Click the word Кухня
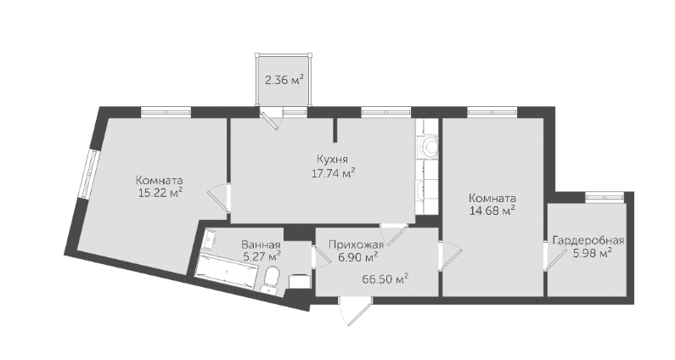[x=332, y=159]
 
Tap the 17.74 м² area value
[x=333, y=173]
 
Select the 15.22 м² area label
[x=160, y=194]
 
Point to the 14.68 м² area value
[x=492, y=211]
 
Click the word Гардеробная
[x=588, y=240]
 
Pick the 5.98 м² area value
[x=592, y=253]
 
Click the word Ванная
[x=261, y=245]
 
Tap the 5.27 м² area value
[x=262, y=257]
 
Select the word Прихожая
[x=356, y=245]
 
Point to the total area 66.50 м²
[x=385, y=279]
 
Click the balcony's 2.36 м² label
[x=284, y=80]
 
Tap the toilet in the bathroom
[x=271, y=279]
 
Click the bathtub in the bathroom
[x=227, y=271]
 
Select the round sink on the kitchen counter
[x=429, y=146]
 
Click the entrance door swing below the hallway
[x=356, y=312]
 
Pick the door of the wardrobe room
[x=554, y=257]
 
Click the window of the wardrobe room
[x=605, y=197]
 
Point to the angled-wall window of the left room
[x=89, y=173]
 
